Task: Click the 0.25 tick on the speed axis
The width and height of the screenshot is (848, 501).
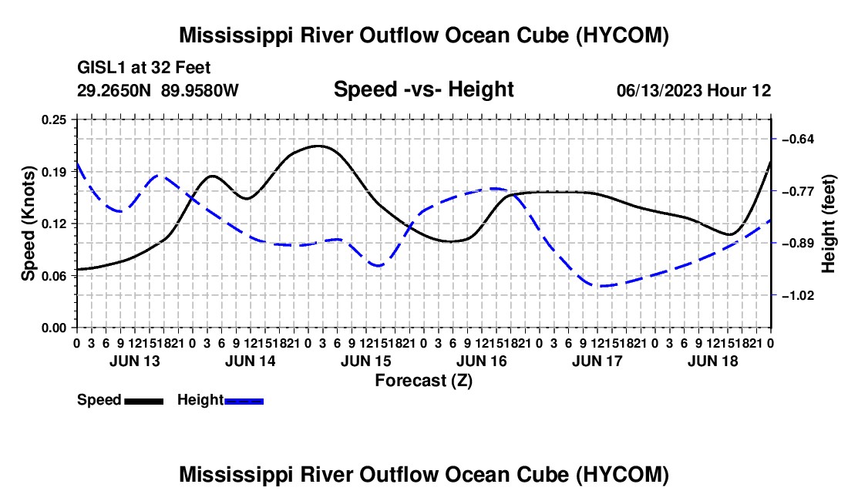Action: pos(54,119)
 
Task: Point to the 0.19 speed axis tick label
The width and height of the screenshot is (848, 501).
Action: pos(54,172)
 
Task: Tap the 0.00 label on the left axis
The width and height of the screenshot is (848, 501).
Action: pos(54,328)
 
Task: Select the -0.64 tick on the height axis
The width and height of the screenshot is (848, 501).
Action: pos(798,140)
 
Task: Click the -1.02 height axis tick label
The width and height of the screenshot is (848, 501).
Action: pos(798,296)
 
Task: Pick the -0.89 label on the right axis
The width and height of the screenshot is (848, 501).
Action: pos(798,244)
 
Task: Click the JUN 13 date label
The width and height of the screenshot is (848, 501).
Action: pos(135,361)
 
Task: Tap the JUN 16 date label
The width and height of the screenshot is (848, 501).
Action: pos(482,361)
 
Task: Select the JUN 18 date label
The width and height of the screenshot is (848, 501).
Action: pos(713,361)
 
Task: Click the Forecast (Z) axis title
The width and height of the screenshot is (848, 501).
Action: pos(423,381)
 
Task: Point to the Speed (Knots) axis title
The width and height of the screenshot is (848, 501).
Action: pos(28,224)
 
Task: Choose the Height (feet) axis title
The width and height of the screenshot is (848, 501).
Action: pos(829,224)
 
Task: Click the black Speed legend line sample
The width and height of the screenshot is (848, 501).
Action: pos(144,401)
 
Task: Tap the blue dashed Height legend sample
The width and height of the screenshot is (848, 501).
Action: pos(244,401)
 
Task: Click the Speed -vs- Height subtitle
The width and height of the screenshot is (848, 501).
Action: pos(423,89)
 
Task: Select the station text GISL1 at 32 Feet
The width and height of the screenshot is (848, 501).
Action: pos(144,68)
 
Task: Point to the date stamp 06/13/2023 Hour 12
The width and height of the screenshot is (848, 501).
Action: pos(694,90)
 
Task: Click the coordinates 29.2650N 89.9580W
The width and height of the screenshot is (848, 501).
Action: pos(158,90)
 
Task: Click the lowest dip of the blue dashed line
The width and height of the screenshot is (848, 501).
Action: pos(601,285)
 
